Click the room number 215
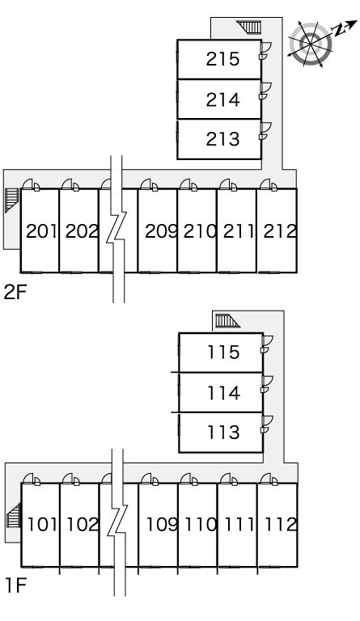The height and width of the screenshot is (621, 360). coord(222,59)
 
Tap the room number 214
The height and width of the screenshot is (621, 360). coord(222,99)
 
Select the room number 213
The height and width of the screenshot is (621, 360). coord(222,139)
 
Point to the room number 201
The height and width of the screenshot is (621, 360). coord(41,231)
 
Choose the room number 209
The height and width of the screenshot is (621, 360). coord(161,231)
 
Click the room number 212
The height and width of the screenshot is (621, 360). coord(280,231)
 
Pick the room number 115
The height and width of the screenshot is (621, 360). coord(224,352)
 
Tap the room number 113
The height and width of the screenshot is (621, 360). coord(224,432)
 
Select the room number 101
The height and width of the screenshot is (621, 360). coord(42,524)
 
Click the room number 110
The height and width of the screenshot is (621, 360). coord(201,524)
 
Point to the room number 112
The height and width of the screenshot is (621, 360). coord(281,524)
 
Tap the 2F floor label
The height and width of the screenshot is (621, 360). coord(15,292)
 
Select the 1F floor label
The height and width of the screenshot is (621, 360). coord(15,585)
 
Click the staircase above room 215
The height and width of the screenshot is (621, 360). coord(249,27)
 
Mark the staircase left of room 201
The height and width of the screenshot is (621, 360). coord(11,200)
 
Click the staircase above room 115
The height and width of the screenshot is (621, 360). coord(227,321)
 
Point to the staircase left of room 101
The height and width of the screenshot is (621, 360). coord(14,515)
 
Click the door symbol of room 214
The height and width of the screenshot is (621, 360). coord(265,91)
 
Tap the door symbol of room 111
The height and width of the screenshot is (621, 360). coord(229,479)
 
